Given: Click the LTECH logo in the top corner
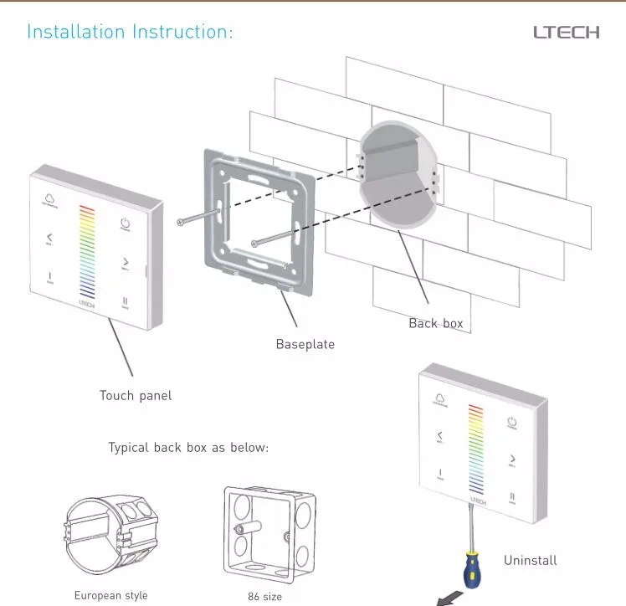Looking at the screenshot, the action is click(x=567, y=33).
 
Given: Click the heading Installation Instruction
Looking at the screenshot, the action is click(x=130, y=33).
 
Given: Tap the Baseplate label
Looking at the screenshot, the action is click(x=305, y=344).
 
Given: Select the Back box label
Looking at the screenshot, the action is click(x=435, y=323).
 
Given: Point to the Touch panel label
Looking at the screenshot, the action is click(x=135, y=395).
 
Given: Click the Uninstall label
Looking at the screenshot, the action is click(x=530, y=560).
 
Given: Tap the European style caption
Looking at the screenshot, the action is click(x=110, y=596).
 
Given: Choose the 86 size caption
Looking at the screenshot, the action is click(x=264, y=597).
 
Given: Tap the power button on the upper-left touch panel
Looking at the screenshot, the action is click(x=125, y=225).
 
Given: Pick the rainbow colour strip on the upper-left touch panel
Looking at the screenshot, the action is click(x=87, y=250).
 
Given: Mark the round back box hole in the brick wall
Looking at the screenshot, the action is click(x=398, y=181).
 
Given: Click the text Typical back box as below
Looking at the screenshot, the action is click(x=188, y=448).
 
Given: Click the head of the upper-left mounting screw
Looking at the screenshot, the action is click(x=180, y=222).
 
